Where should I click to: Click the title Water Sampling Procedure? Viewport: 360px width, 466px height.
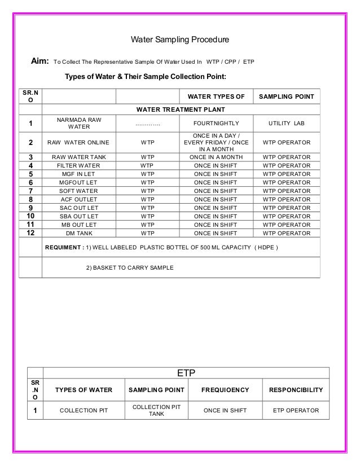point(180,41)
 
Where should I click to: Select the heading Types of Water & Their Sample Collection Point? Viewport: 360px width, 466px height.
point(146,76)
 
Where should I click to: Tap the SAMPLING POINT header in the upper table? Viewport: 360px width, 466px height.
point(287,96)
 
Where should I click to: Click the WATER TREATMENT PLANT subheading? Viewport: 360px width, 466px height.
point(181,109)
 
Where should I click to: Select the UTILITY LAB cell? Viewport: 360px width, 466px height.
point(286,123)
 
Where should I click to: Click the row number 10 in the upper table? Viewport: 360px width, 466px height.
point(30,216)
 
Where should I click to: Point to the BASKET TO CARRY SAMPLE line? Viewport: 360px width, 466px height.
point(130,267)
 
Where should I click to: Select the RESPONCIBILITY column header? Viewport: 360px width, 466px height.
point(296,390)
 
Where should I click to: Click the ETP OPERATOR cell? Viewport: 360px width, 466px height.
point(296,411)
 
